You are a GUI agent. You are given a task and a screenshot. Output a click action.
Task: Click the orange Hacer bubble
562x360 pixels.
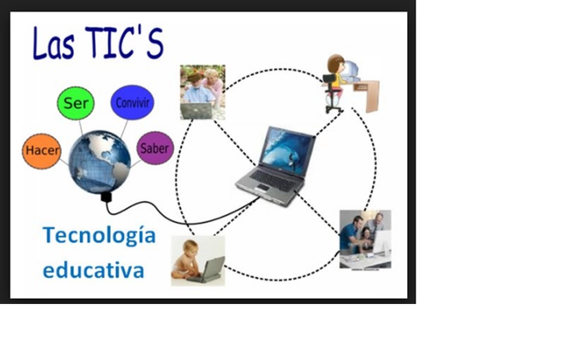[41, 152]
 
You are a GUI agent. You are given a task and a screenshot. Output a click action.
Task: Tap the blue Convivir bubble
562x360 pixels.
[132, 102]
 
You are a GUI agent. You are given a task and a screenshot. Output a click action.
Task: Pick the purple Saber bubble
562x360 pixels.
[155, 148]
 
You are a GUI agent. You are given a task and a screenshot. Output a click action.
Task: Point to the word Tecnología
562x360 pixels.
[98, 235]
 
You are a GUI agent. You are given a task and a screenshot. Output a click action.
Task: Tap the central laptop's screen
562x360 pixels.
[289, 150]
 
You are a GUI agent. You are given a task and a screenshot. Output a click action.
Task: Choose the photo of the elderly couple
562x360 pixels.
[202, 91]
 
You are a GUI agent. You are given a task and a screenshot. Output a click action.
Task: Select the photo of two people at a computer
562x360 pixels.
[364, 238]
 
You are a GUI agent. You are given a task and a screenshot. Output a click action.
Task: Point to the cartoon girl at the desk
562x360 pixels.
[335, 79]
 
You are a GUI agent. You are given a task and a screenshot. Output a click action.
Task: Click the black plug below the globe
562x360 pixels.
[107, 197]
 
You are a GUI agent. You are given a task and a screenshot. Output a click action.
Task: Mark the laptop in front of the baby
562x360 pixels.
[210, 268]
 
